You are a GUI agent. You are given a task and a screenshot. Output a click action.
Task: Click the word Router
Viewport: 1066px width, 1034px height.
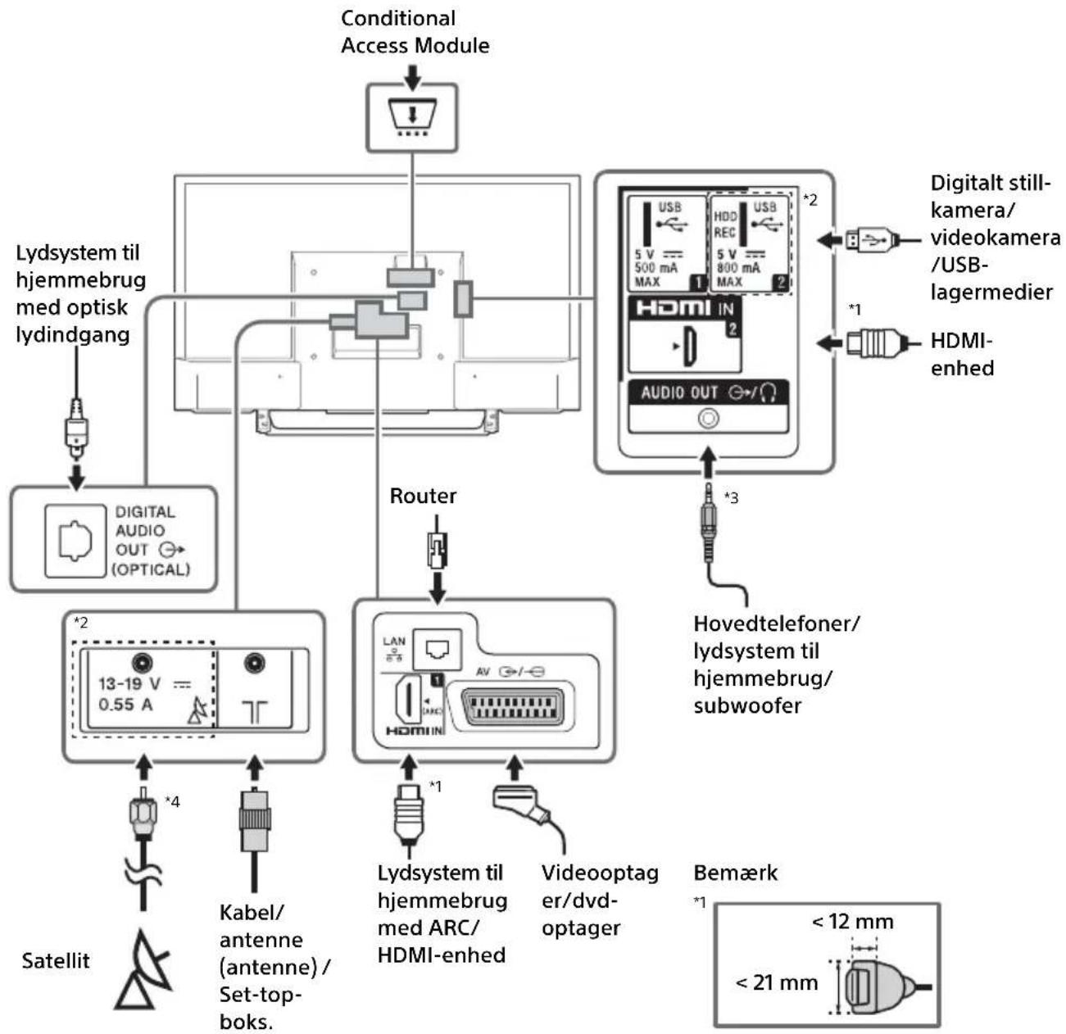tap(422, 496)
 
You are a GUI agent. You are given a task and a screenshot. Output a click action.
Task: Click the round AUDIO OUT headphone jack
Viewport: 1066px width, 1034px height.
tap(708, 419)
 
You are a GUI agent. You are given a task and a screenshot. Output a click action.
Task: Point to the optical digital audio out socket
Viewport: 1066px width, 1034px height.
tap(75, 541)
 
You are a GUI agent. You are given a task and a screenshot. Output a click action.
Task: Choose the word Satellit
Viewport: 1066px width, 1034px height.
tap(56, 960)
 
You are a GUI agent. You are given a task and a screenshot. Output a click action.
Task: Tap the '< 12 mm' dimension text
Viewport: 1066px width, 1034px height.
tap(852, 921)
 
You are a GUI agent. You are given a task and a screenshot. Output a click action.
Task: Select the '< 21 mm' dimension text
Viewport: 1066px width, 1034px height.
tap(776, 982)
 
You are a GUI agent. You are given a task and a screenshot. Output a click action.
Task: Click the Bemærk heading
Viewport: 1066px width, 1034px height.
tap(735, 873)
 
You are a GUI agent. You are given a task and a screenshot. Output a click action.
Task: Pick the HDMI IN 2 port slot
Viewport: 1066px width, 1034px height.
tap(690, 346)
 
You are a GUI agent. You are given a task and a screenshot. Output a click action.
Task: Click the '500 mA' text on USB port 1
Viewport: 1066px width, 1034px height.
tap(655, 268)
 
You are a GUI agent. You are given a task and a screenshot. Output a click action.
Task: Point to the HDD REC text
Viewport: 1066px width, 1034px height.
tap(724, 224)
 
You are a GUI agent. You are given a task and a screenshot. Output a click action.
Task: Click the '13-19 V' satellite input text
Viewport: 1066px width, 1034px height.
tap(129, 683)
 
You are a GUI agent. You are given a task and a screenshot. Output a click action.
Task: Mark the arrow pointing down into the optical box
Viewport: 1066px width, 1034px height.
tap(76, 477)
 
